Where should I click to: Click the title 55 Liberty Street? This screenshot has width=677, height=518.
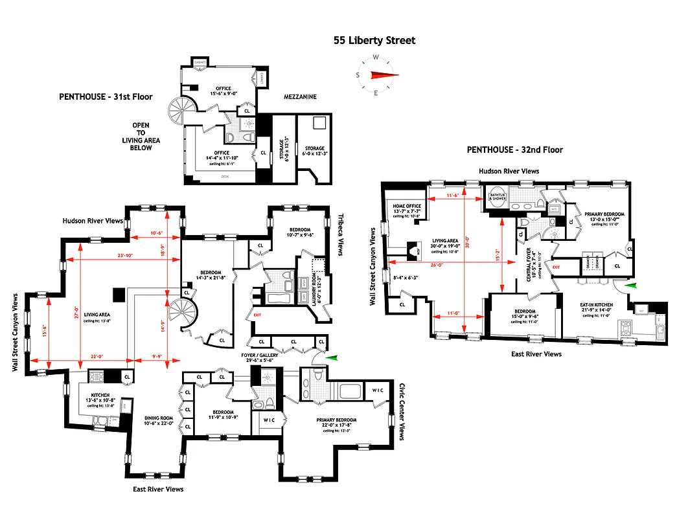click(x=374, y=40)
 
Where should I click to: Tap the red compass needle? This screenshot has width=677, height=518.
click(x=383, y=75)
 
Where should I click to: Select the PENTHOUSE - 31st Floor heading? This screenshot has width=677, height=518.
click(x=106, y=96)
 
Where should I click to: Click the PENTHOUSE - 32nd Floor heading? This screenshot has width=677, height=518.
click(x=515, y=150)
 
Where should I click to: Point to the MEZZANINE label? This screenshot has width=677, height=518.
click(x=300, y=96)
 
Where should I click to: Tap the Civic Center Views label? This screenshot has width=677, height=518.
click(x=402, y=412)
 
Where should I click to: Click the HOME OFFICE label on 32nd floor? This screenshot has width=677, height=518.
click(x=407, y=207)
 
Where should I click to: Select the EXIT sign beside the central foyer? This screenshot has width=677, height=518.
click(x=556, y=266)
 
